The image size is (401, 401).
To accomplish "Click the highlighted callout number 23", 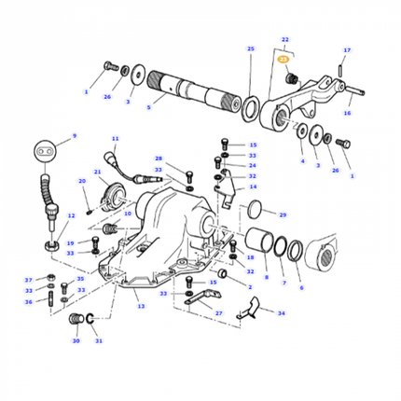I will click(283, 58).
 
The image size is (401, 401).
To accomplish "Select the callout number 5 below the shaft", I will click(148, 107).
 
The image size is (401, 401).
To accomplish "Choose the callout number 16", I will click(347, 113).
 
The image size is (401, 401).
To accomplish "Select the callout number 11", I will click(115, 139).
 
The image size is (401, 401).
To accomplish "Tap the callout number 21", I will click(98, 173).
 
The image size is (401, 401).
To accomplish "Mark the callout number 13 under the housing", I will click(141, 306).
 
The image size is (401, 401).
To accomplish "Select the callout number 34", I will click(282, 314).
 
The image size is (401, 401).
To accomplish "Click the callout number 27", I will click(218, 314).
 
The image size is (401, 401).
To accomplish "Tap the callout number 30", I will click(76, 341).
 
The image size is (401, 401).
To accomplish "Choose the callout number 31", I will click(98, 341).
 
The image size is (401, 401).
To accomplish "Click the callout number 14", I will click(252, 187).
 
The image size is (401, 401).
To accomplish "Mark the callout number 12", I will click(69, 215).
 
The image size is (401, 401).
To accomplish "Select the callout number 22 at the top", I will click(283, 41).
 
